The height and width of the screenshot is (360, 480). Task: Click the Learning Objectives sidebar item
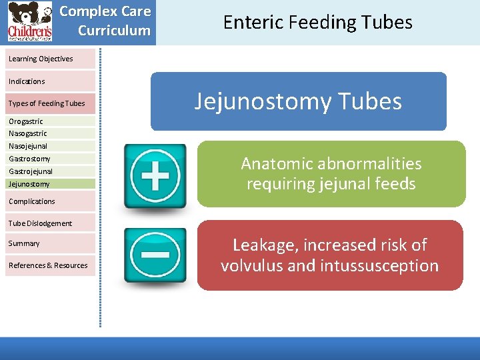(41, 59)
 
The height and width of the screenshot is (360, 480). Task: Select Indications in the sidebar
(27, 81)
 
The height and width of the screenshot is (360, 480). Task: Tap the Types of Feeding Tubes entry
(47, 103)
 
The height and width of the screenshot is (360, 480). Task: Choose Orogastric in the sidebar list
(26, 121)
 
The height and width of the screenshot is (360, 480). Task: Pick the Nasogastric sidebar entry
(28, 133)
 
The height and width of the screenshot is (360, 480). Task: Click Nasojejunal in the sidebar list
(28, 146)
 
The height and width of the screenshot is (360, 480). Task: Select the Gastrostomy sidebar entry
(29, 159)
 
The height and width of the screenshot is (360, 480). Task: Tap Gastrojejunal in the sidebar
(31, 171)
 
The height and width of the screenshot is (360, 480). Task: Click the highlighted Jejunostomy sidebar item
(29, 184)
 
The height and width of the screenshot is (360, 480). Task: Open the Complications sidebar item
(32, 201)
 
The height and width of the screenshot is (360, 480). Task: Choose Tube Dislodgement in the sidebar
(40, 223)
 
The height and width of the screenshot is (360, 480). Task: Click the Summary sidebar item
(24, 243)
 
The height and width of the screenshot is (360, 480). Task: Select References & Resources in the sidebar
(48, 265)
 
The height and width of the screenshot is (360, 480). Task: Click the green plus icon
(155, 176)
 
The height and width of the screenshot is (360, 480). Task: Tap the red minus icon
(155, 255)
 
